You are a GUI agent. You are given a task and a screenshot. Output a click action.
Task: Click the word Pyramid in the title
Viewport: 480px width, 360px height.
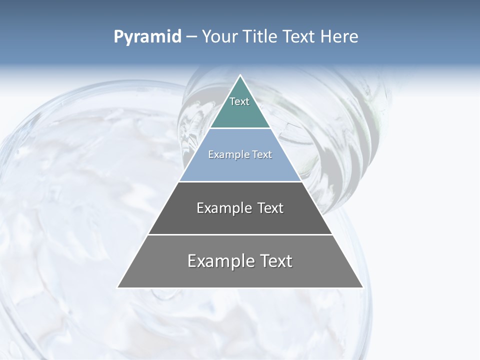[147, 37]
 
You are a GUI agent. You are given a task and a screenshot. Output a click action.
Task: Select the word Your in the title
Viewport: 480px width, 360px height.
[219, 37]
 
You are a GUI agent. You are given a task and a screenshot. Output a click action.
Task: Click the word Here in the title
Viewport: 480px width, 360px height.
[340, 37]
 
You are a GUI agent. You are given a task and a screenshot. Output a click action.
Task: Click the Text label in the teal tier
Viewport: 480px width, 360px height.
[239, 101]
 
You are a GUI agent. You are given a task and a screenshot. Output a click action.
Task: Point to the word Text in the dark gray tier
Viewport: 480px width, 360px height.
[270, 208]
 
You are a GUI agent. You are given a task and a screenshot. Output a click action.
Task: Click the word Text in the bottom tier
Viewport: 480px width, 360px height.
[275, 261]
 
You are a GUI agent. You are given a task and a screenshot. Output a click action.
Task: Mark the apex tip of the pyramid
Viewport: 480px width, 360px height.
[240, 75]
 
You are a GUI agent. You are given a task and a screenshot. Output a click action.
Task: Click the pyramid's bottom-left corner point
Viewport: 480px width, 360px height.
[117, 287]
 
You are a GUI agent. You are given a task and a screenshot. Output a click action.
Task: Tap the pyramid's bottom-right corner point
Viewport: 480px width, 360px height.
[362, 287]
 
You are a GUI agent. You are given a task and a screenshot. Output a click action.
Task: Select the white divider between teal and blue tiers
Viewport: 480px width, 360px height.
[240, 128]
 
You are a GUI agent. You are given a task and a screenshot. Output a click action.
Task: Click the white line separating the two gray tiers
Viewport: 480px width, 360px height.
[240, 234]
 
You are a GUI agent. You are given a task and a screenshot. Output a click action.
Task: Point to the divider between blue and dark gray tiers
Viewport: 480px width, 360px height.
[240, 181]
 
